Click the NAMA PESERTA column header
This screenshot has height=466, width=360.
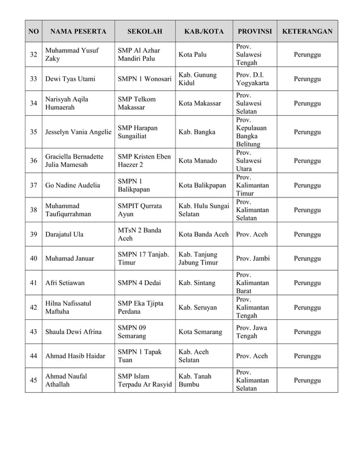click(x=78, y=32)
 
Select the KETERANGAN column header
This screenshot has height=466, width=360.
click(x=306, y=32)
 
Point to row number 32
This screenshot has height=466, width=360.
click(x=34, y=55)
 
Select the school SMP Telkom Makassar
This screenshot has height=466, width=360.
click(x=136, y=103)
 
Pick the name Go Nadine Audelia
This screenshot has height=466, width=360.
click(x=73, y=185)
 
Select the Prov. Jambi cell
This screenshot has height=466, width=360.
click(x=253, y=258)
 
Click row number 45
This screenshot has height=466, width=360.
click(x=34, y=380)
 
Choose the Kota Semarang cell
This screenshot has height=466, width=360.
click(x=200, y=332)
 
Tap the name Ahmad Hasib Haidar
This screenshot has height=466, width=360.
click(x=76, y=356)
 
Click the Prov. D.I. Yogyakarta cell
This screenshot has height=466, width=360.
click(x=253, y=80)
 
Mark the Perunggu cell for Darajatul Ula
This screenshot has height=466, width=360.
click(x=307, y=234)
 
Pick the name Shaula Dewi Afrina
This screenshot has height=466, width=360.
click(x=73, y=332)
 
